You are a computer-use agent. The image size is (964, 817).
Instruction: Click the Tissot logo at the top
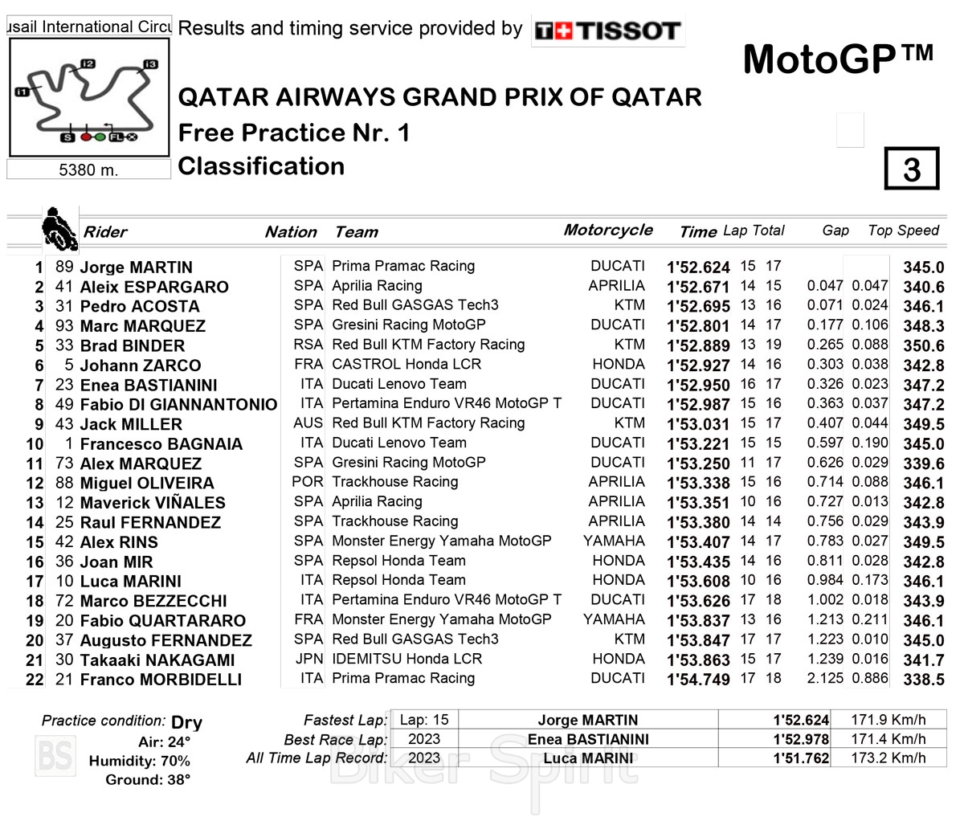[608, 31]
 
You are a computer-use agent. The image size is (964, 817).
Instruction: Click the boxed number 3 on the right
[911, 169]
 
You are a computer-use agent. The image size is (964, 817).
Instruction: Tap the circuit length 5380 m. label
[88, 170]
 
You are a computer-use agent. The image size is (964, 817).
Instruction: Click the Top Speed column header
[903, 231]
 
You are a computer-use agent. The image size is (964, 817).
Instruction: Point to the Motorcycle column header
[608, 230]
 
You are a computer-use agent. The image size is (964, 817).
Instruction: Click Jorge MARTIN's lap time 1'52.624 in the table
[698, 268]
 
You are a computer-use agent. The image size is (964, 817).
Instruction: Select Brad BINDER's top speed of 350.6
[923, 346]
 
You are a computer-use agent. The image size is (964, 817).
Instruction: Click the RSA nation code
[308, 345]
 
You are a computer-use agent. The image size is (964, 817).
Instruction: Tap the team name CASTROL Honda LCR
[406, 364]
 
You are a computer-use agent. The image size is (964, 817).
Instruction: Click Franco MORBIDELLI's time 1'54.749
[698, 680]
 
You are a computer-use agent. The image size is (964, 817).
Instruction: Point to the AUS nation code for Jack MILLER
[308, 423]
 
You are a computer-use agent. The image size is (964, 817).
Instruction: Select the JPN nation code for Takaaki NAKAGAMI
[309, 659]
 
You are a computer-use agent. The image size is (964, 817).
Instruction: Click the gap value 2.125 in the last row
[825, 678]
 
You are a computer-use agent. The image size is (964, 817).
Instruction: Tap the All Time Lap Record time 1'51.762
[800, 758]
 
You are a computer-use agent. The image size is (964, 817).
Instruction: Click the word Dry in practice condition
[186, 722]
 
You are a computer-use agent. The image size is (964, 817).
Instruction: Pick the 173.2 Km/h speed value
[888, 758]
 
